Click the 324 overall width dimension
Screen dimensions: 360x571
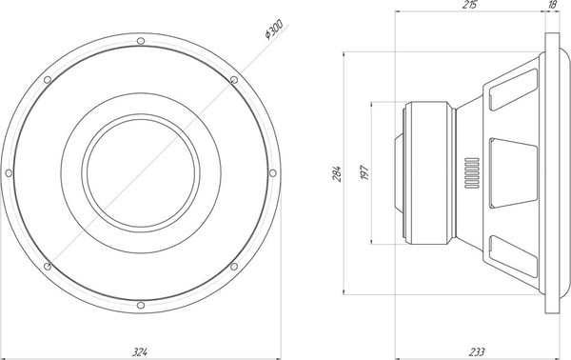coord(139,352)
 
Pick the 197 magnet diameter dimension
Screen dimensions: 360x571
coord(365,172)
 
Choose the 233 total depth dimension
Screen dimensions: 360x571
coord(478,352)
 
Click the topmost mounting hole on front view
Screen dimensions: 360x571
coord(140,41)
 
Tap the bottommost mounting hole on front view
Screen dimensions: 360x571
coord(140,305)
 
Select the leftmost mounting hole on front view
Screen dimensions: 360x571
coord(9,172)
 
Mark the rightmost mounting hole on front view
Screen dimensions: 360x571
coord(272,172)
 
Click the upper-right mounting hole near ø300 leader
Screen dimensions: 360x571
coord(233,80)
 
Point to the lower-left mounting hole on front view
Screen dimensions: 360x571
coord(47,266)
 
